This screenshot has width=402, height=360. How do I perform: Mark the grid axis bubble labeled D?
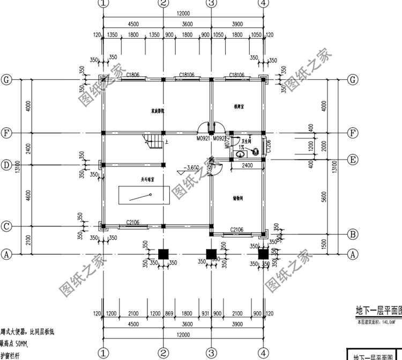[x=6, y=165]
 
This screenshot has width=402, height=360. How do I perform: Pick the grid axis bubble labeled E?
[x=352, y=159]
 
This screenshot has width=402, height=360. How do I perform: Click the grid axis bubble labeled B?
[x=352, y=234]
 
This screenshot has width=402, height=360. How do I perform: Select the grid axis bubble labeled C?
[x=6, y=227]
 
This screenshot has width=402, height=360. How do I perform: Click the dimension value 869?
[x=169, y=313]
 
